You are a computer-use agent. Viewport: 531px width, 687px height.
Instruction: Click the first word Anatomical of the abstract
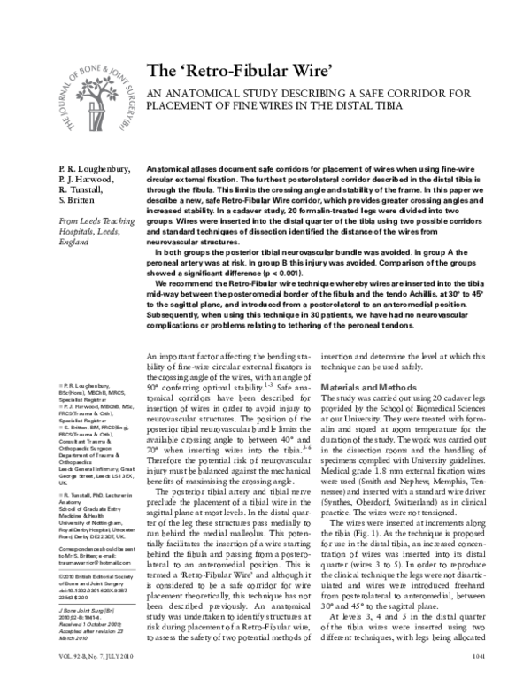(169, 166)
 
